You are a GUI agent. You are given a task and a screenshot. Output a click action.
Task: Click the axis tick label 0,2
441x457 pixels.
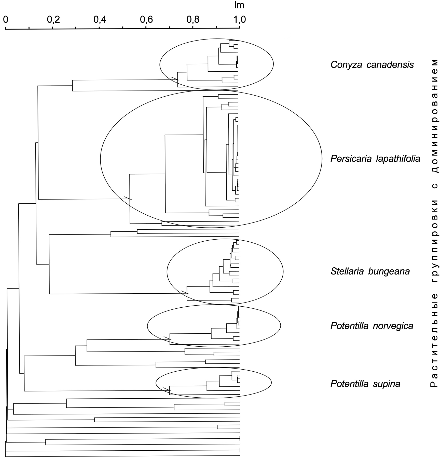coord(53,19)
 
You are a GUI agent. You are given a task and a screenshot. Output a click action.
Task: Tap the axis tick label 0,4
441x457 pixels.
coord(100,19)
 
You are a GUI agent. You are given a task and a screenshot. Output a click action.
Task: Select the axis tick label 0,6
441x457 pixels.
coord(146,19)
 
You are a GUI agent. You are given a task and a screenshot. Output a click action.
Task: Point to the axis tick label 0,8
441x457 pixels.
coord(193,19)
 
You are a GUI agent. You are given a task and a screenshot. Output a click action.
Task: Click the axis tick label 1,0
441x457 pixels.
coord(240,19)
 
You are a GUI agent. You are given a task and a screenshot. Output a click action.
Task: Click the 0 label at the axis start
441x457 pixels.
coord(6,19)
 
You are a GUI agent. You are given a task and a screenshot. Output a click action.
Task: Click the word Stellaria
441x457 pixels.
coord(347,271)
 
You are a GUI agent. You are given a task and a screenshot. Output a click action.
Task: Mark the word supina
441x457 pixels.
coord(387,384)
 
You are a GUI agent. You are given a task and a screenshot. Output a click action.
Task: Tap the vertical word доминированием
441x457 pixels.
coord(434,116)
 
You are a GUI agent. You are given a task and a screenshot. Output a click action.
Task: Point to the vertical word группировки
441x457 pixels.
coord(434,241)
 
